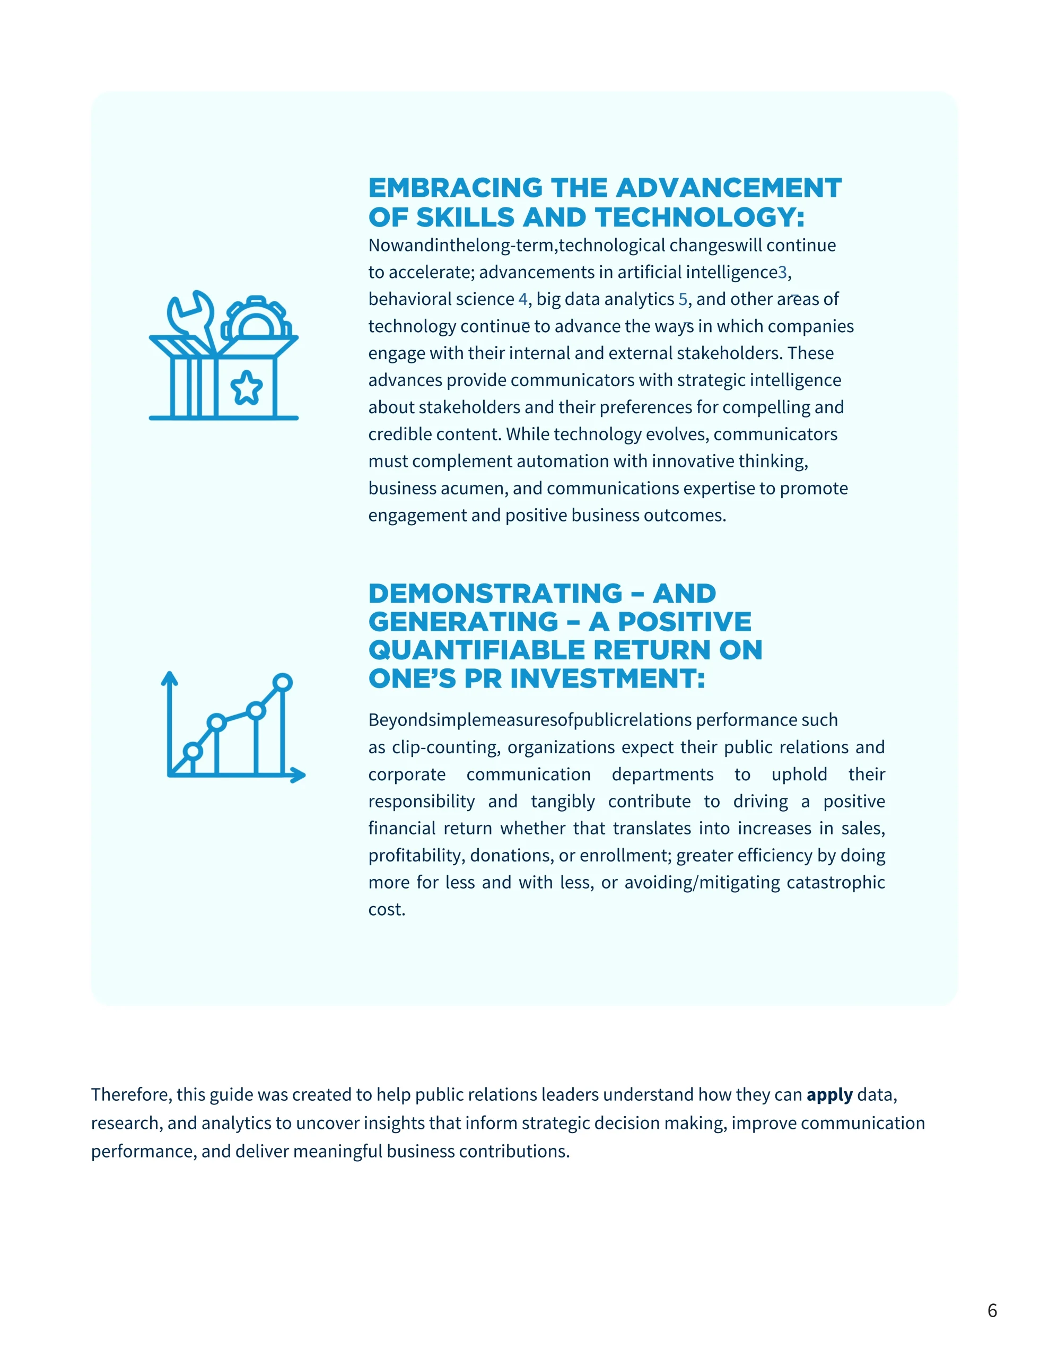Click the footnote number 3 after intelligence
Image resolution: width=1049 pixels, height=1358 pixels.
[782, 272]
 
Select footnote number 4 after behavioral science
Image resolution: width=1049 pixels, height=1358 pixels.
[522, 299]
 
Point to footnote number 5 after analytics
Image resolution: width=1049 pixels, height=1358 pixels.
[683, 299]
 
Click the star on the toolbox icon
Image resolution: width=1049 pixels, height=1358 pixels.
[246, 387]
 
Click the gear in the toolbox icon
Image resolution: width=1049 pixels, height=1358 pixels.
[256, 318]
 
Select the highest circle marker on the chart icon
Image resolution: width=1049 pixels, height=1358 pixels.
[282, 682]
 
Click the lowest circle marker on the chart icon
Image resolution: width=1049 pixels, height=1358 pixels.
[193, 751]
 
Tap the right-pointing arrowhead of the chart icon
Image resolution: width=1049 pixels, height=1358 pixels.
[299, 775]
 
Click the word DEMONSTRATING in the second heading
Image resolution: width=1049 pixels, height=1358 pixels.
[495, 593]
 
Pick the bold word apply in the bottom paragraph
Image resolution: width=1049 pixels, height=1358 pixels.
[829, 1094]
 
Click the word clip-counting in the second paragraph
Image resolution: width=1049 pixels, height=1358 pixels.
[446, 747]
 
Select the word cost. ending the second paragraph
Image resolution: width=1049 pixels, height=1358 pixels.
[386, 910]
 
